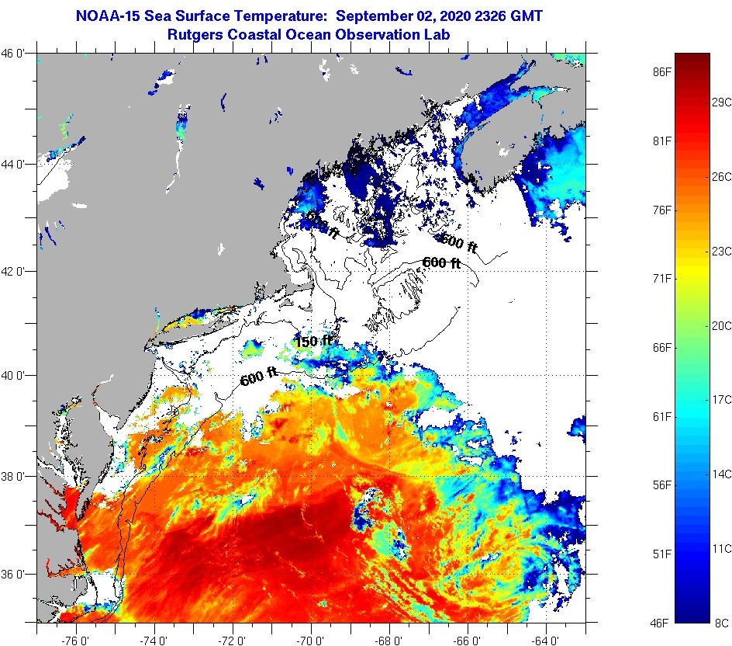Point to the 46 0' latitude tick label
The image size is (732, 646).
click(16, 54)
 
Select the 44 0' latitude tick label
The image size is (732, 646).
click(16, 164)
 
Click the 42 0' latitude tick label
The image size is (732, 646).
click(16, 271)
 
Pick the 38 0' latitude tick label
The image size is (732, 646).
click(16, 476)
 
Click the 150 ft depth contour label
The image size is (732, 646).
click(313, 342)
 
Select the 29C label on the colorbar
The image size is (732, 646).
click(721, 102)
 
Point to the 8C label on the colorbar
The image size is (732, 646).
click(721, 622)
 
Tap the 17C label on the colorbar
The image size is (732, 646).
click(721, 399)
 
